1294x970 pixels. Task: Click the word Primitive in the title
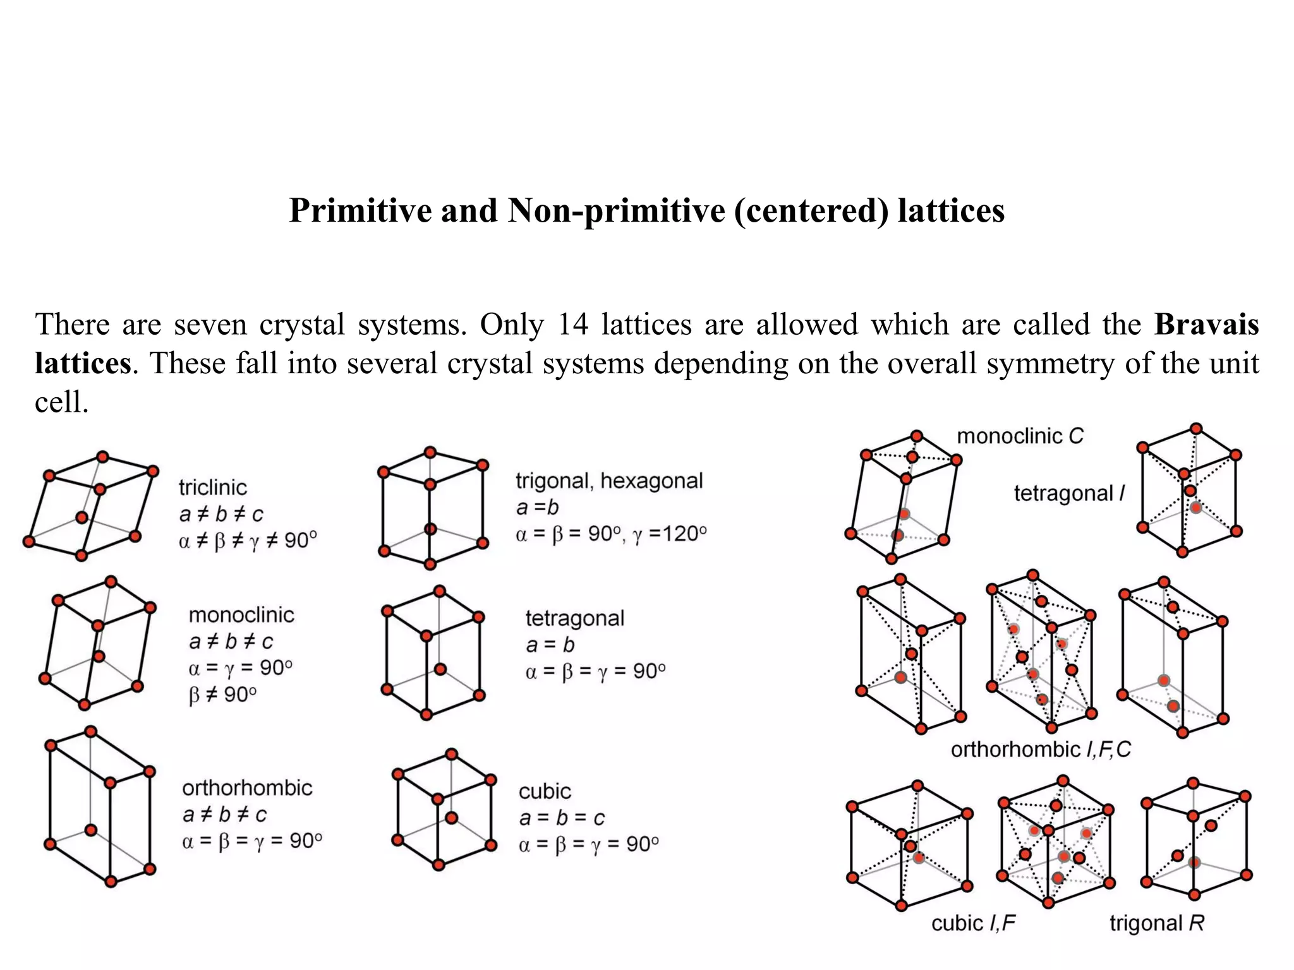[x=361, y=211]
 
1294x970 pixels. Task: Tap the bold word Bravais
[x=1206, y=325]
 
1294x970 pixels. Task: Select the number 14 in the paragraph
[x=573, y=325]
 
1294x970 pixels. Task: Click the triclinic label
[x=212, y=488]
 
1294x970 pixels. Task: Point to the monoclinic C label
[x=1020, y=436]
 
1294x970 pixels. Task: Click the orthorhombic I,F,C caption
[x=1041, y=750]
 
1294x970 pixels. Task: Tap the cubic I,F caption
[x=973, y=923]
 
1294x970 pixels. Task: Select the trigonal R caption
[x=1157, y=923]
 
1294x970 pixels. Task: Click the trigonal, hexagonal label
[x=609, y=481]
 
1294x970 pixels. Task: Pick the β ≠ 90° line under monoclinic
[x=222, y=695]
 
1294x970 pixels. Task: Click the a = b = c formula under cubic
[x=562, y=818]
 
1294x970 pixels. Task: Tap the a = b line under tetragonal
[x=550, y=645]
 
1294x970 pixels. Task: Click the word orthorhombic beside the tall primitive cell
[x=247, y=788]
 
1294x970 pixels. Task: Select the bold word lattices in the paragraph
[x=83, y=364]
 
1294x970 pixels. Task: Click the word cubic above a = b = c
[x=545, y=791]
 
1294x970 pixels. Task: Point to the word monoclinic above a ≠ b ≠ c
[x=241, y=615]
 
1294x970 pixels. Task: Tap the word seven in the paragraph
[x=210, y=325]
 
